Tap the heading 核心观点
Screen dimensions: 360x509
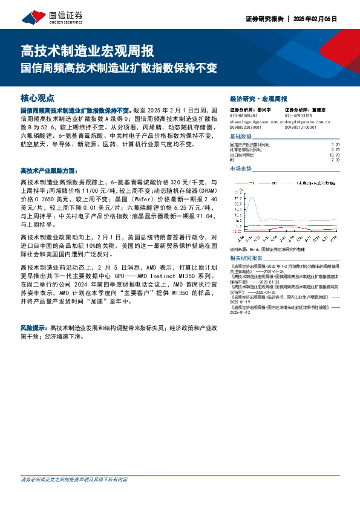tap(38, 97)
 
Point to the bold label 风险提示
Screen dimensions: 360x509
tap(34, 327)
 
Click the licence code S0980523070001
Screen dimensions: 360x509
tap(246, 128)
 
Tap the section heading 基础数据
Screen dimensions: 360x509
tap(243, 138)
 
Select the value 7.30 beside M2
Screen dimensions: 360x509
tap(336, 160)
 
